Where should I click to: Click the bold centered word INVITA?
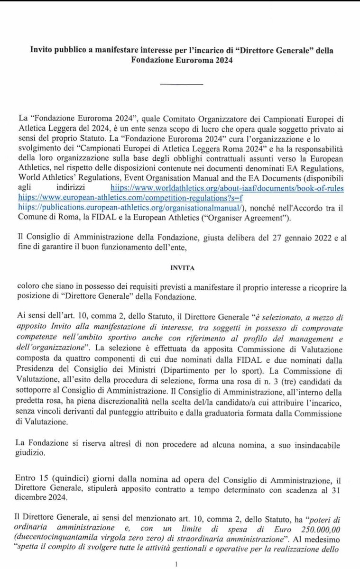[180, 267]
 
